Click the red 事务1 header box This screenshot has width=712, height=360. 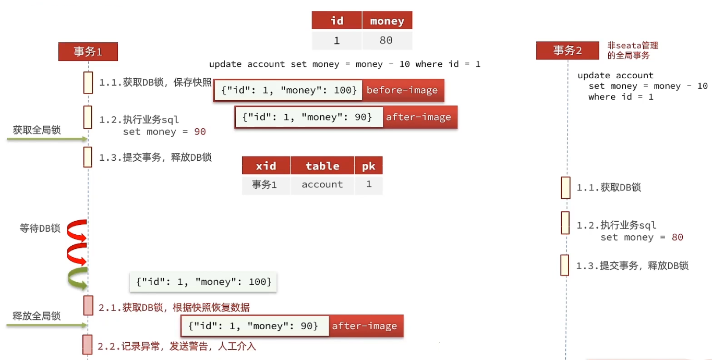click(88, 52)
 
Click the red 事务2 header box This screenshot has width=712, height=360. click(567, 51)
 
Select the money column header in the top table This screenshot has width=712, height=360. click(387, 21)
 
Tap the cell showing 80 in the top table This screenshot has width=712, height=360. click(387, 41)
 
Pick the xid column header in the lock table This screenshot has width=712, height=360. click(266, 166)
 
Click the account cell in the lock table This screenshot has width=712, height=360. click(322, 185)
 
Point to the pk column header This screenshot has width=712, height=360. click(369, 166)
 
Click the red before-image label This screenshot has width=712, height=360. click(402, 90)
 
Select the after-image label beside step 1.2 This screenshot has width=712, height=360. click(418, 117)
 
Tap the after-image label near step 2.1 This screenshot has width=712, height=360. click(365, 326)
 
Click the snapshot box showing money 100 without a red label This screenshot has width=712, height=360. click(203, 282)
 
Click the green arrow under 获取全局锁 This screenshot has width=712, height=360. click(47, 139)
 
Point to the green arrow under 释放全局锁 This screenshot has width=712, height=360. click(47, 325)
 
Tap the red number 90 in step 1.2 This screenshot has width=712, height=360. click(200, 132)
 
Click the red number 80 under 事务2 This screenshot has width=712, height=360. click(677, 237)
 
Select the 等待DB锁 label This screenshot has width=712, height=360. click(40, 229)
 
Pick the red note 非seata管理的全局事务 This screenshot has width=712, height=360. click(633, 51)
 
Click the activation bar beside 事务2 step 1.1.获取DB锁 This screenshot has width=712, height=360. click(565, 188)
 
